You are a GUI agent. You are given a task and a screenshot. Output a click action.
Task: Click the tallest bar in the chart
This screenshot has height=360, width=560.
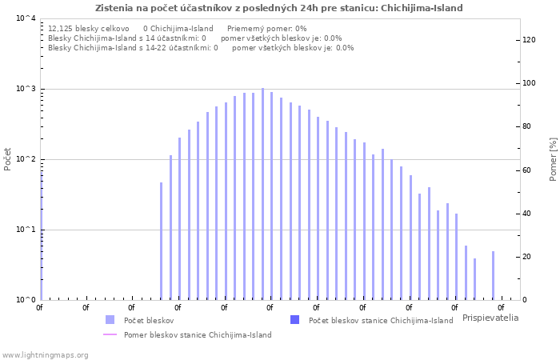click(262, 194)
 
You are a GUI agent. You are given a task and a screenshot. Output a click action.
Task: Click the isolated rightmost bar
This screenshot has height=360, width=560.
click(494, 275)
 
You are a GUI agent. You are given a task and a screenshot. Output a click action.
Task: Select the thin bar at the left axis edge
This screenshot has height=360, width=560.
click(42, 236)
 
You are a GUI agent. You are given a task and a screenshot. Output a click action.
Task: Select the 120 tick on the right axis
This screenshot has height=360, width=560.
click(529, 40)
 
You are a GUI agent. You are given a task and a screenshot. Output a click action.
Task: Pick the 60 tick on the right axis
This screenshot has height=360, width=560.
click(526, 170)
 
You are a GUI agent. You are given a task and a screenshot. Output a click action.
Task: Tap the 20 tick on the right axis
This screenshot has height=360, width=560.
click(526, 257)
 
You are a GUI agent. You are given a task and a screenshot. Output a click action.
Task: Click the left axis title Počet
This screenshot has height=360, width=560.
click(7, 159)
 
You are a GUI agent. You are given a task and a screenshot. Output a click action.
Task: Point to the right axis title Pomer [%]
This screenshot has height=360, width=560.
click(553, 159)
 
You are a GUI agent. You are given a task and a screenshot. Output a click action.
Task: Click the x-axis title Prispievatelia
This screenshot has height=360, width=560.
click(490, 318)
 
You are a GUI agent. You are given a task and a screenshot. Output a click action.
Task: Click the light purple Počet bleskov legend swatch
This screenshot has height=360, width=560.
click(110, 320)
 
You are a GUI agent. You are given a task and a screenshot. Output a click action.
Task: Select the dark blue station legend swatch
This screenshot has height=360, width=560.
click(294, 320)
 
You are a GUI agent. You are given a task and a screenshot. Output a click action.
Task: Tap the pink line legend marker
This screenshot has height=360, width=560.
click(110, 334)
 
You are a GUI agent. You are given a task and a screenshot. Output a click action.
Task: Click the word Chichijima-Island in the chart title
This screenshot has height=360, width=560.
click(422, 8)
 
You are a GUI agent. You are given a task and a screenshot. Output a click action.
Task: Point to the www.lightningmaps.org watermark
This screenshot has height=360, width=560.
click(45, 355)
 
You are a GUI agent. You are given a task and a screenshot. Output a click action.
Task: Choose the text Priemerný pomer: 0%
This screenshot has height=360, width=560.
click(266, 29)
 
